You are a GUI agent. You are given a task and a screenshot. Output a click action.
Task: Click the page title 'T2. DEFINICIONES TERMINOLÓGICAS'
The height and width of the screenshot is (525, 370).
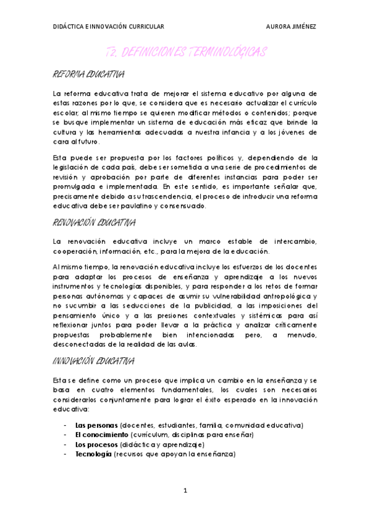coord(185,53)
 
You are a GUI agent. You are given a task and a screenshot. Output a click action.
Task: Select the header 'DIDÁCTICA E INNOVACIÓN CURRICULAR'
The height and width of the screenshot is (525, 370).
coord(108,27)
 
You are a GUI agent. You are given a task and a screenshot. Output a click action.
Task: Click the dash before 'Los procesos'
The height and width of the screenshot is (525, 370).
coord(65,445)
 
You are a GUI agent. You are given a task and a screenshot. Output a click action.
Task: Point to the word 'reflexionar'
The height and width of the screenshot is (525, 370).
coord(71,325)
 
